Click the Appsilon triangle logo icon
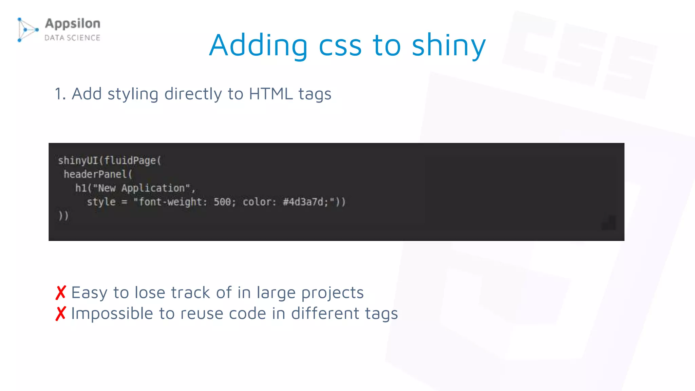[x=27, y=30]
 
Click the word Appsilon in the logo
[x=73, y=23]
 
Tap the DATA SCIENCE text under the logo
[x=73, y=38]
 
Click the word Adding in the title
[x=258, y=45]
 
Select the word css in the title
[x=340, y=46]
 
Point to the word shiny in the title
[x=449, y=46]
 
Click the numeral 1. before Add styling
[x=60, y=94]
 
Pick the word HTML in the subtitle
[x=271, y=94]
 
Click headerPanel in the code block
[x=95, y=174]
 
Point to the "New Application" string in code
[x=141, y=188]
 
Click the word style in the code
[x=101, y=202]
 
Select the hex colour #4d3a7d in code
[x=303, y=202]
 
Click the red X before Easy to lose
[x=61, y=293]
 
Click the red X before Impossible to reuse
[x=61, y=313]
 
